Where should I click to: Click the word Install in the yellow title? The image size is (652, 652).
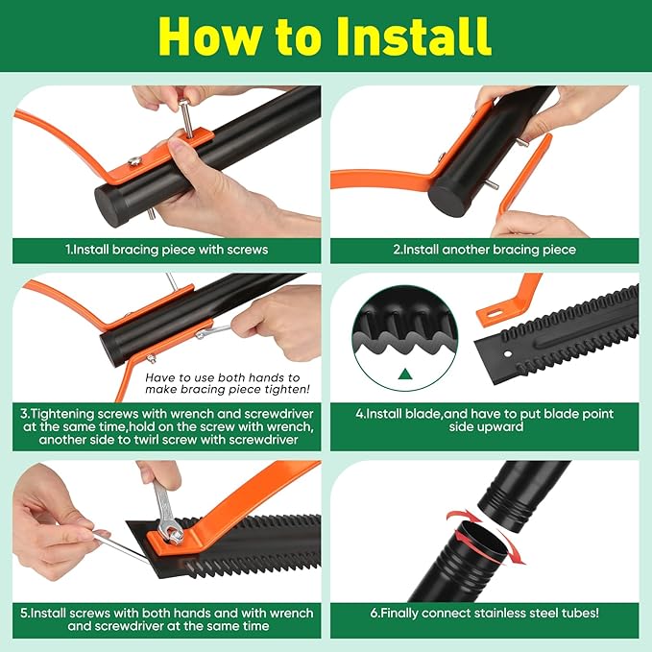tap(413, 36)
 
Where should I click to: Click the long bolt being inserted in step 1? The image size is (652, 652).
tap(186, 118)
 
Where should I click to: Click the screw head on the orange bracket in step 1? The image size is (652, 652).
tap(134, 161)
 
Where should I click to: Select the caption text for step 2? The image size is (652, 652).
tap(484, 250)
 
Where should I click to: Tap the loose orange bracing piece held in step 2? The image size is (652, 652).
tap(524, 175)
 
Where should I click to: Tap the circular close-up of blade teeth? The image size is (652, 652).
tap(404, 338)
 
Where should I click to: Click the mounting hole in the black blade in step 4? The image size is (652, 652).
tap(508, 354)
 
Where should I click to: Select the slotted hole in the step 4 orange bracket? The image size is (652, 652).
tap(494, 313)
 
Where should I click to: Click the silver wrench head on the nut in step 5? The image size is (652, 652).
tap(173, 531)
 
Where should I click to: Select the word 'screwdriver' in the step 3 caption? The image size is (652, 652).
tap(279, 414)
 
